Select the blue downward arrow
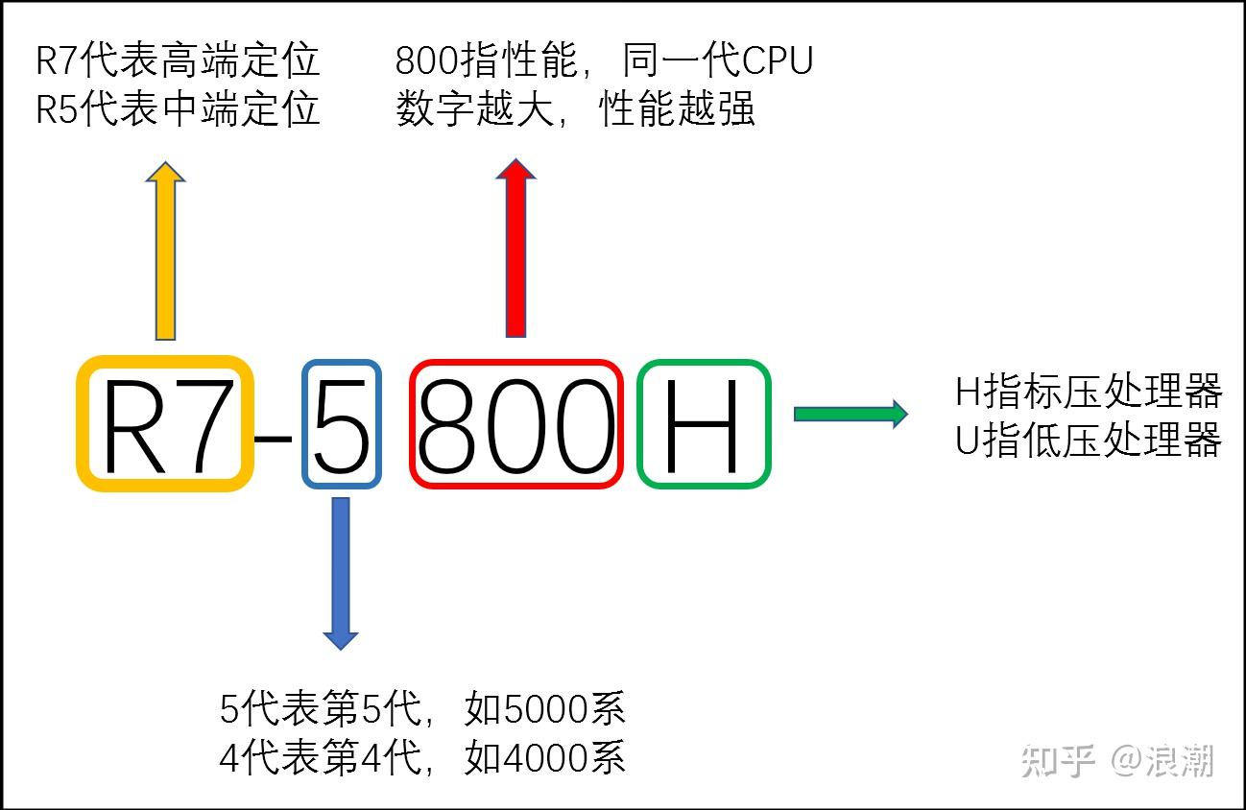click(341, 572)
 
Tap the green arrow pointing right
click(850, 414)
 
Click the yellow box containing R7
click(165, 424)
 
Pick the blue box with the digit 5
click(342, 424)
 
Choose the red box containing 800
click(516, 424)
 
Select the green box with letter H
click(704, 424)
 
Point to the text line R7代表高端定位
click(178, 62)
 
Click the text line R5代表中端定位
click(178, 110)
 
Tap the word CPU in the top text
click(778, 62)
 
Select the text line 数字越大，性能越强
click(575, 110)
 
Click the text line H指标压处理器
click(1089, 392)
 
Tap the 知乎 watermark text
click(1059, 762)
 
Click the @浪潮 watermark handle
click(1162, 762)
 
